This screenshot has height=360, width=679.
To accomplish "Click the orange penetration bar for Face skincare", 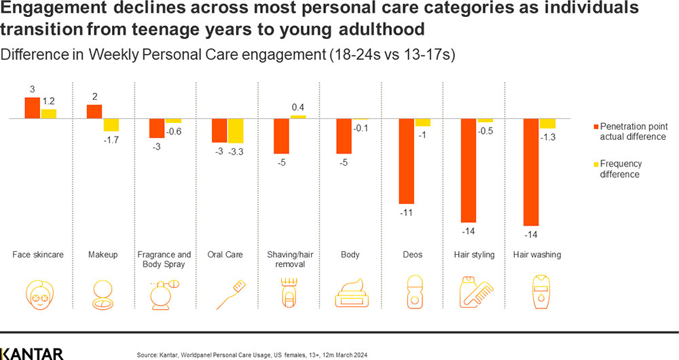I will pyautogui.click(x=32, y=108).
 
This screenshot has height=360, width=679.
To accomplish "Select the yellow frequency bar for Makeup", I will pyautogui.click(x=111, y=125).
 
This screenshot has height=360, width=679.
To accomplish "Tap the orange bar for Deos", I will pyautogui.click(x=406, y=161).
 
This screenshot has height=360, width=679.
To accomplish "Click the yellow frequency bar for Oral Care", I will pyautogui.click(x=235, y=131).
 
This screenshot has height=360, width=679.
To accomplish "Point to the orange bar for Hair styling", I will pyautogui.click(x=469, y=170).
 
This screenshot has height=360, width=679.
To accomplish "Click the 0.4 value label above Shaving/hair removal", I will pyautogui.click(x=298, y=107).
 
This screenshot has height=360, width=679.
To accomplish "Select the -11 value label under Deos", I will pyautogui.click(x=406, y=213).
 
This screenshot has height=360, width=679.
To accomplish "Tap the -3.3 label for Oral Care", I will pyautogui.click(x=236, y=151).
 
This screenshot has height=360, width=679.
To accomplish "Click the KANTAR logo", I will pyautogui.click(x=32, y=353).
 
